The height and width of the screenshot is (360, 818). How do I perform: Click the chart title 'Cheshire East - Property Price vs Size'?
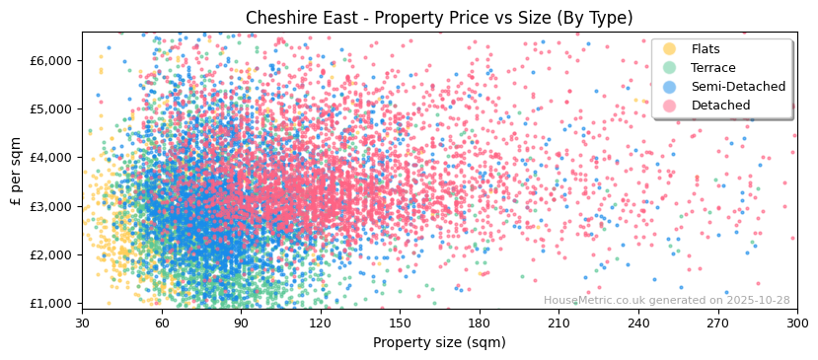tap(439, 18)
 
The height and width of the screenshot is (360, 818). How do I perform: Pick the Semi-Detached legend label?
tap(738, 87)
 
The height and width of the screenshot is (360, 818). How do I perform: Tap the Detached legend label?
tap(721, 106)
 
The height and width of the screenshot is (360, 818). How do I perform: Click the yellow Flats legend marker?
tap(670, 49)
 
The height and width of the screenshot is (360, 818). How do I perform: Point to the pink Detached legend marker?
tap(670, 106)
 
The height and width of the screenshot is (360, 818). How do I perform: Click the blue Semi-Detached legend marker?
tap(670, 87)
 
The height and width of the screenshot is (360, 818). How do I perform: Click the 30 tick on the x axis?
tap(82, 323)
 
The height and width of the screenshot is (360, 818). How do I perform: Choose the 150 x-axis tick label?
tap(400, 323)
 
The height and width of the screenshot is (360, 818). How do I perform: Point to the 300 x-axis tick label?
tap(796, 323)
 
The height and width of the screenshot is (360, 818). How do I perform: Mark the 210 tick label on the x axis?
tap(558, 323)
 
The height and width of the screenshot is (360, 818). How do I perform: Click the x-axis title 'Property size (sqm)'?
tap(439, 342)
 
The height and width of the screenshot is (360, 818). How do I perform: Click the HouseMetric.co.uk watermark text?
tap(666, 300)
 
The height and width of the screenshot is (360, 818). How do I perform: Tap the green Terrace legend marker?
tap(670, 68)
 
